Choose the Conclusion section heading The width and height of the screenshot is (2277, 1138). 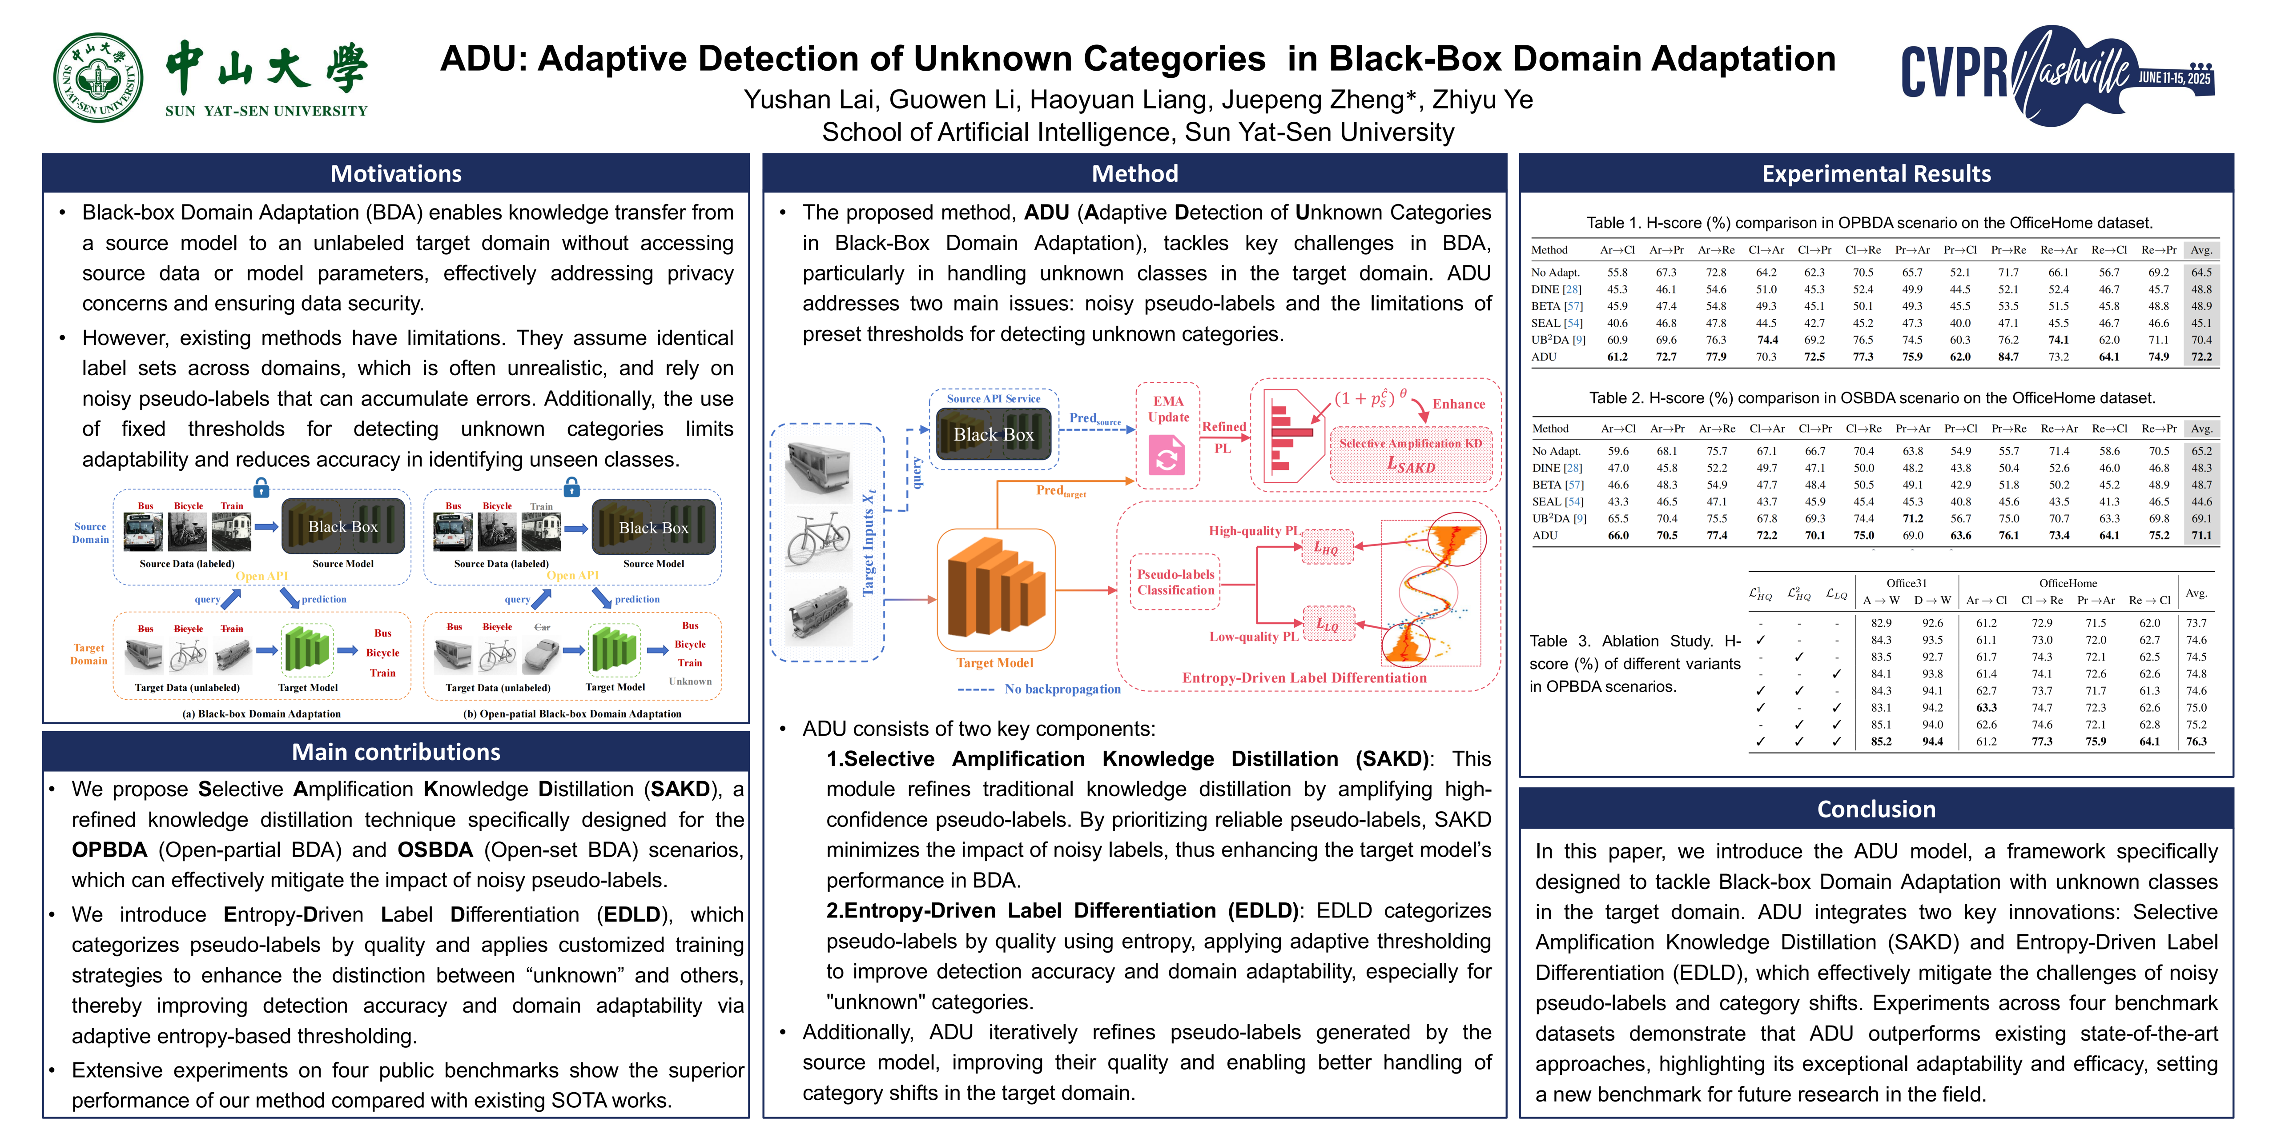coord(1876,809)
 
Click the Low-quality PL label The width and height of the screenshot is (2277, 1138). coord(1253,636)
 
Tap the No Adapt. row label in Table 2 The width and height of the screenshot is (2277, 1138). coord(1556,451)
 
